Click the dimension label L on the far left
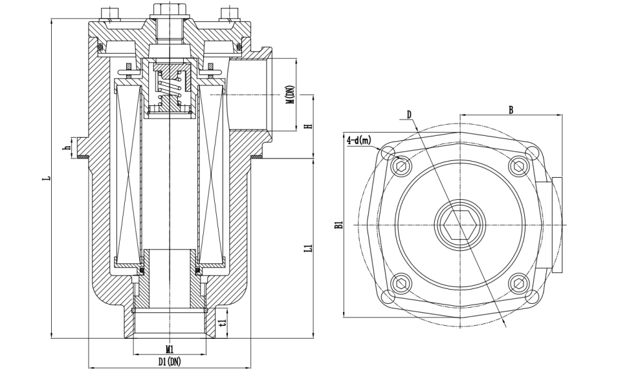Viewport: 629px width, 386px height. tap(46, 177)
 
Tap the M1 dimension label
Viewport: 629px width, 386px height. tap(169, 349)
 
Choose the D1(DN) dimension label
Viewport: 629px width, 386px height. tap(170, 362)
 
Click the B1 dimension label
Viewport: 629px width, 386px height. tap(338, 225)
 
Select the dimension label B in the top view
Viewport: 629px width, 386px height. tap(511, 111)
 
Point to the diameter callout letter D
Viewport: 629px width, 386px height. tap(409, 115)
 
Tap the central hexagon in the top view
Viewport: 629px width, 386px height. tap(460, 224)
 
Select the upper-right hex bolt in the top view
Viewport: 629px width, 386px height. tap(517, 167)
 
